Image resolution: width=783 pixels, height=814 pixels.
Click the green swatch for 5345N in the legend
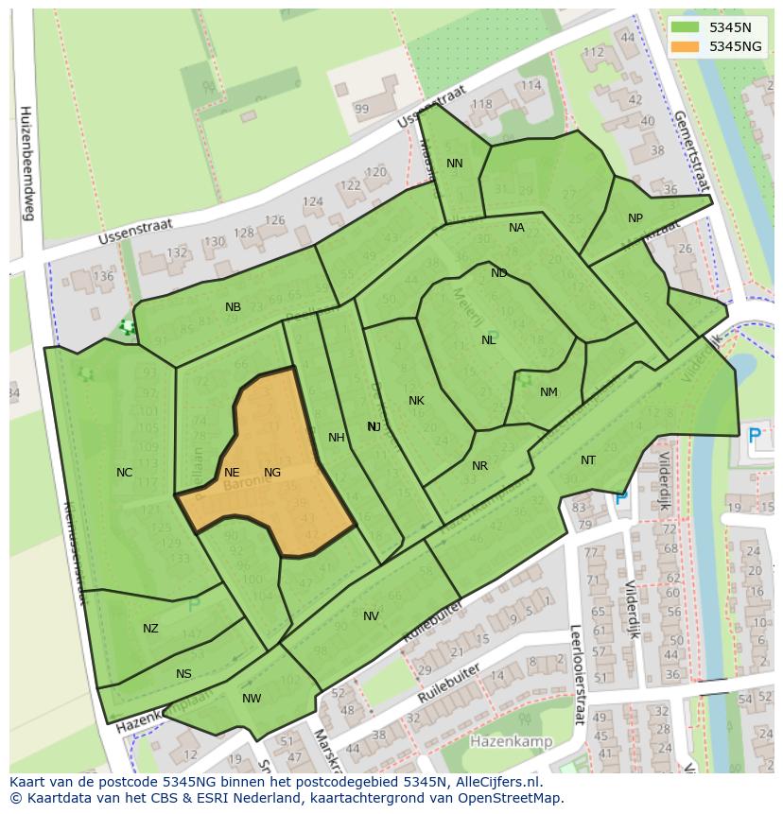pyautogui.click(x=686, y=27)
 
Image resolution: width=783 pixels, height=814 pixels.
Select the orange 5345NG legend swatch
pyautogui.click(x=686, y=45)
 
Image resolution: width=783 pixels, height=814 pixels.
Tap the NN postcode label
pyautogui.click(x=455, y=164)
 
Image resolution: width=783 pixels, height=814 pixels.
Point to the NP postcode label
pyautogui.click(x=635, y=218)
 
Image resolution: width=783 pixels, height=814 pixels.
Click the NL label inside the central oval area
pyautogui.click(x=489, y=340)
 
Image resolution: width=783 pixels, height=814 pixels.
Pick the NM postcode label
pyautogui.click(x=548, y=392)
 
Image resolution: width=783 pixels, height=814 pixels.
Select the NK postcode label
pyautogui.click(x=416, y=401)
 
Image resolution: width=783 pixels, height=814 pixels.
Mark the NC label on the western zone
pyautogui.click(x=125, y=473)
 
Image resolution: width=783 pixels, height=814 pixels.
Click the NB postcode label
pyautogui.click(x=233, y=307)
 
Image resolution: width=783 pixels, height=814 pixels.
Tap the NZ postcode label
pyautogui.click(x=151, y=629)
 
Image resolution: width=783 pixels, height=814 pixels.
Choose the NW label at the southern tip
pyautogui.click(x=252, y=699)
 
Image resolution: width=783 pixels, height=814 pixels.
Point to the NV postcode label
pyautogui.click(x=371, y=616)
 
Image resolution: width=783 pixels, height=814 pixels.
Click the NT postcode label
pyautogui.click(x=588, y=460)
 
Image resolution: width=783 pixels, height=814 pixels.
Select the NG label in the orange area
pyautogui.click(x=272, y=473)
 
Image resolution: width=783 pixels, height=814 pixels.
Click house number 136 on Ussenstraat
pyautogui.click(x=103, y=277)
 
